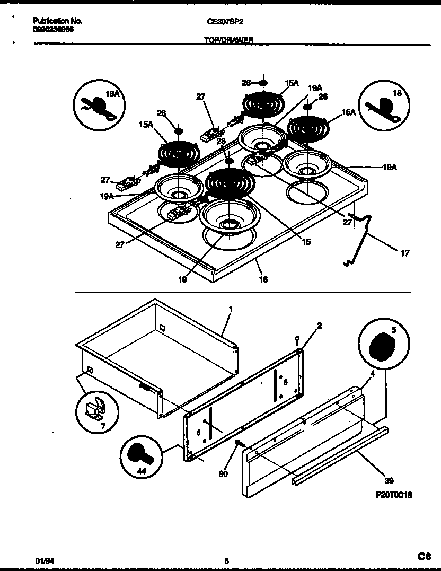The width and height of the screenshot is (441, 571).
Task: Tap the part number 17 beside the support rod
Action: (404, 254)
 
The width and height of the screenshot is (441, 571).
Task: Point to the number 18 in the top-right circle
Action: (398, 93)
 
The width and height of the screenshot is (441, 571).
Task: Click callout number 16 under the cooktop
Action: (263, 279)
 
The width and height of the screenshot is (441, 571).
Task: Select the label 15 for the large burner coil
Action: (306, 242)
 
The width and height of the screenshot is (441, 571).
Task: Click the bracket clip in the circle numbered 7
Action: (96, 408)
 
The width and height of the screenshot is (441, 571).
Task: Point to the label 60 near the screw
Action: (223, 474)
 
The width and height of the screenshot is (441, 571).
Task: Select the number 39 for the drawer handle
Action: (389, 481)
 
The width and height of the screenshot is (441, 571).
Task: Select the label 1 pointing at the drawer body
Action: (230, 309)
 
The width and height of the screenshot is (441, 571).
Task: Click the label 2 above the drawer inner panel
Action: (319, 325)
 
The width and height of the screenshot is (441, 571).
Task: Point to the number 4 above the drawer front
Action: (373, 374)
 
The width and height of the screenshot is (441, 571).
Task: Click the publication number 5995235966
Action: (53, 30)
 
